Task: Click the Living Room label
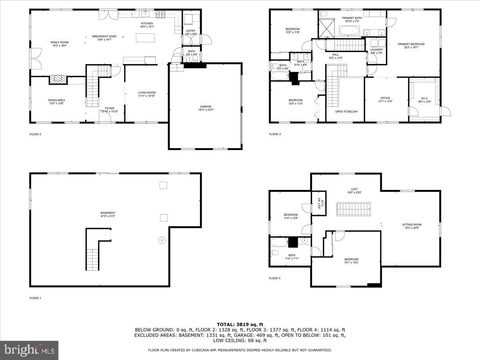click(146, 94)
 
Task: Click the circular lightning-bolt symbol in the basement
click(162, 240)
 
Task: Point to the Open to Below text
click(346, 112)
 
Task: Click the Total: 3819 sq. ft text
click(240, 324)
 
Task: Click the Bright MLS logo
click(29, 350)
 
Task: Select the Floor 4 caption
click(274, 278)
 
